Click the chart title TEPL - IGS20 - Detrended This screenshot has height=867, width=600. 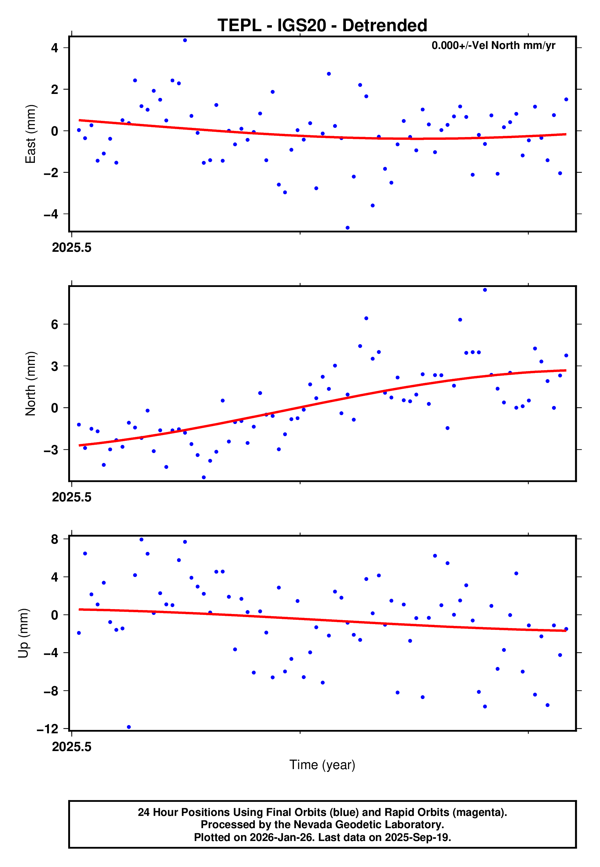[322, 26]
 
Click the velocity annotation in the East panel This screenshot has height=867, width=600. [493, 46]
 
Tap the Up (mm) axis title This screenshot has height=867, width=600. [23, 633]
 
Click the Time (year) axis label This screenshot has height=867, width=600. [322, 765]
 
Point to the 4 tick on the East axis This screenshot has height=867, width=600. [55, 48]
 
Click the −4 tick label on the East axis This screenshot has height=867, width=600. [51, 214]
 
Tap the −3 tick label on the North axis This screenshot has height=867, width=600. [51, 450]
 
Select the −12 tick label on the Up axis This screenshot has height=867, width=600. [48, 729]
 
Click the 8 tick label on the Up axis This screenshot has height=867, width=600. [55, 539]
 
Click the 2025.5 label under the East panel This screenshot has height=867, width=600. [72, 247]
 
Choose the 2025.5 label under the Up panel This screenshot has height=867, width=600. [72, 747]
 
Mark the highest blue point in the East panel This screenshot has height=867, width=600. [185, 40]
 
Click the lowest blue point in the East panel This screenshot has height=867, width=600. [347, 228]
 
